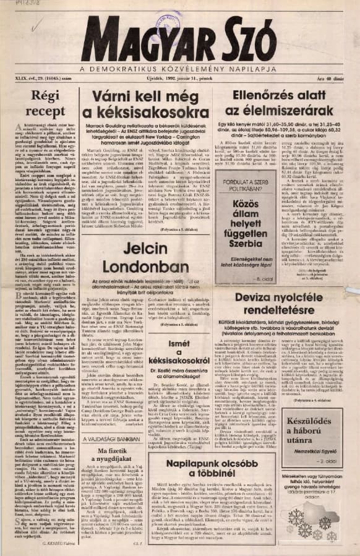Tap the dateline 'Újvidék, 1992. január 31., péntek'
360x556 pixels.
point(179,79)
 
